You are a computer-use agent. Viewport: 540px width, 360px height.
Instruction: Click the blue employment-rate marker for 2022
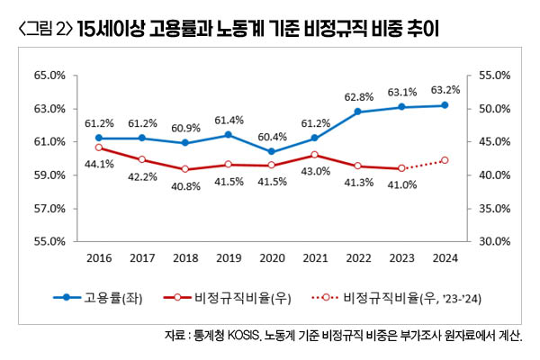pos(358,112)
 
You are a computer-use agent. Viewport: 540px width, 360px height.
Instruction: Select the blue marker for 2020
pos(272,151)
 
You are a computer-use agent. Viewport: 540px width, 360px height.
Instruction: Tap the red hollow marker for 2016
pos(99,148)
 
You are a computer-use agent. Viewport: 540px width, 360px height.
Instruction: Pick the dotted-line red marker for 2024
pos(445,160)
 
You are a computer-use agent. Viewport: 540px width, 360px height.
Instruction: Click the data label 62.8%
pos(358,96)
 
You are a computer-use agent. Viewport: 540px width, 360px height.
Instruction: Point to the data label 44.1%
pos(99,164)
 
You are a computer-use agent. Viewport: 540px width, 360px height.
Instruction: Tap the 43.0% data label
pos(315,171)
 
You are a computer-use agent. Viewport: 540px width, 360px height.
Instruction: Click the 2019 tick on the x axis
pos(229,257)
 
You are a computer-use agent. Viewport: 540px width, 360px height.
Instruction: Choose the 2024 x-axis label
pos(445,257)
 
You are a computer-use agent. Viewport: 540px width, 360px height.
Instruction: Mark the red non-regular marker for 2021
pos(315,155)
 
